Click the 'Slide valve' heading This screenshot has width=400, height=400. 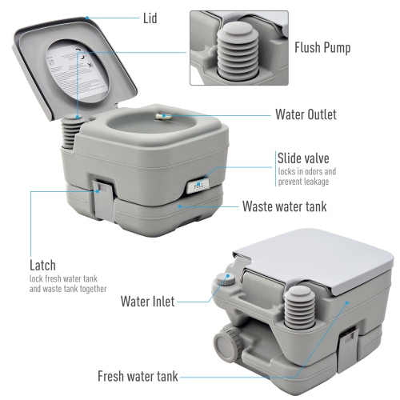[x=302, y=158]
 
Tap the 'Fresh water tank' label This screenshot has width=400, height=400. [x=137, y=375]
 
